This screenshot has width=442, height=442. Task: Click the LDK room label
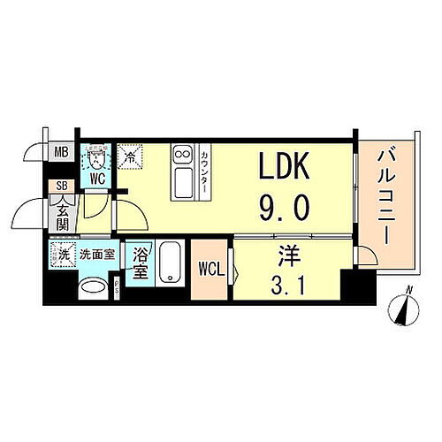(284, 167)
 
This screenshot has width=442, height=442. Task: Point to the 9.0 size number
(284, 208)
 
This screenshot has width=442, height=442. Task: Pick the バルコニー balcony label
(386, 198)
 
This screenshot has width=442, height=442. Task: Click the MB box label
(61, 153)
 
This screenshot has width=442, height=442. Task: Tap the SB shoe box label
(61, 187)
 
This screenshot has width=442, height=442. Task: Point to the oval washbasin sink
(92, 288)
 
